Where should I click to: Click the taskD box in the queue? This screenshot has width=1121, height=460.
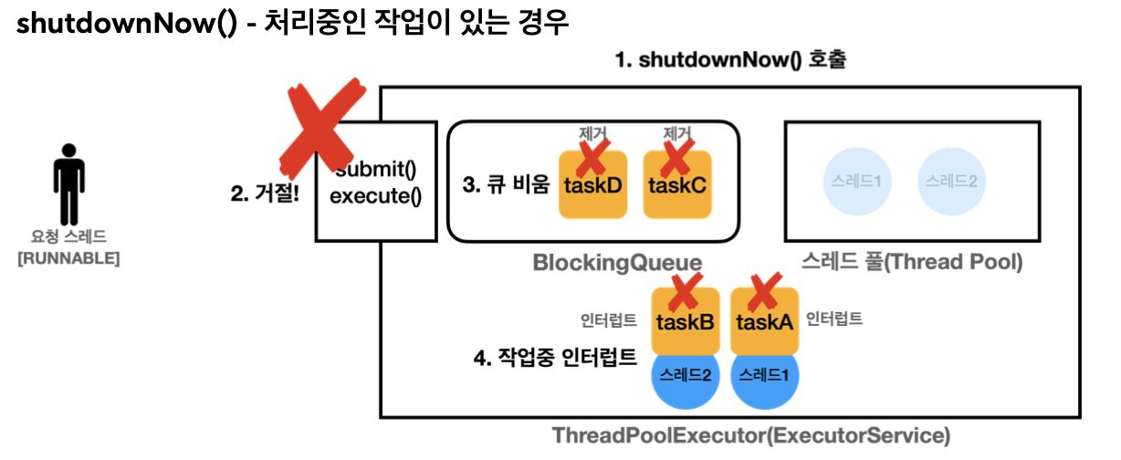click(x=592, y=184)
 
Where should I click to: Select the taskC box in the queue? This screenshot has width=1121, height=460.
click(x=676, y=184)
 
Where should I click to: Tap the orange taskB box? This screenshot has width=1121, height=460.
click(x=685, y=322)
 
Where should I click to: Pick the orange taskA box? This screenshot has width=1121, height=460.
click(x=765, y=322)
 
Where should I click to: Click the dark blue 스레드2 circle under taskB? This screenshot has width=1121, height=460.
click(x=685, y=374)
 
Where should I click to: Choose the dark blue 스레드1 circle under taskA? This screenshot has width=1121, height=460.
click(x=765, y=374)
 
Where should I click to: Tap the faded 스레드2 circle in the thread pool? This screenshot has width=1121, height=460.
click(x=950, y=181)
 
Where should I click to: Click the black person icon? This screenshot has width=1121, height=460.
click(x=68, y=183)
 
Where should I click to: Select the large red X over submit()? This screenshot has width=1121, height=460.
click(x=319, y=125)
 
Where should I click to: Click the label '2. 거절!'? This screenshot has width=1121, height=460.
click(x=265, y=193)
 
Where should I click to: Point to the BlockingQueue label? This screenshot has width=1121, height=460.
click(x=617, y=263)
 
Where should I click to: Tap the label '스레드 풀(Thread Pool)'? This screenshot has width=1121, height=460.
click(x=911, y=263)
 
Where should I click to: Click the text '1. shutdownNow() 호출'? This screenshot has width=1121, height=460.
click(x=730, y=62)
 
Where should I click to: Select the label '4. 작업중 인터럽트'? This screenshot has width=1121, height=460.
click(x=555, y=357)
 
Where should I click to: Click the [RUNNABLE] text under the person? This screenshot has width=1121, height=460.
click(x=68, y=258)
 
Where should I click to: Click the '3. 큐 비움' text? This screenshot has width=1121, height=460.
click(x=506, y=184)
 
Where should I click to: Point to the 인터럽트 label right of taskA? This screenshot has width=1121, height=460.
click(x=834, y=319)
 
